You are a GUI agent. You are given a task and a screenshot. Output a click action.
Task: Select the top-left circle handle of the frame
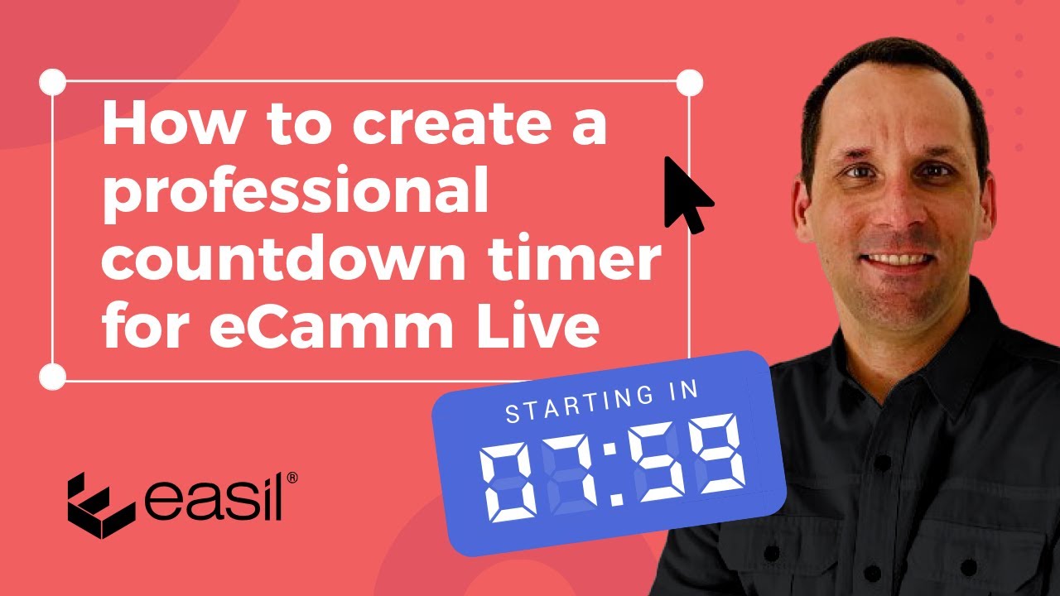52,83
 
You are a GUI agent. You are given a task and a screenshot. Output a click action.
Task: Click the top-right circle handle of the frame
689,83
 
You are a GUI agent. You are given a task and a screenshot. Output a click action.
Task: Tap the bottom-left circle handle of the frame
52,377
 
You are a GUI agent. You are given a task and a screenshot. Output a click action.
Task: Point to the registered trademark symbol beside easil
291,478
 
